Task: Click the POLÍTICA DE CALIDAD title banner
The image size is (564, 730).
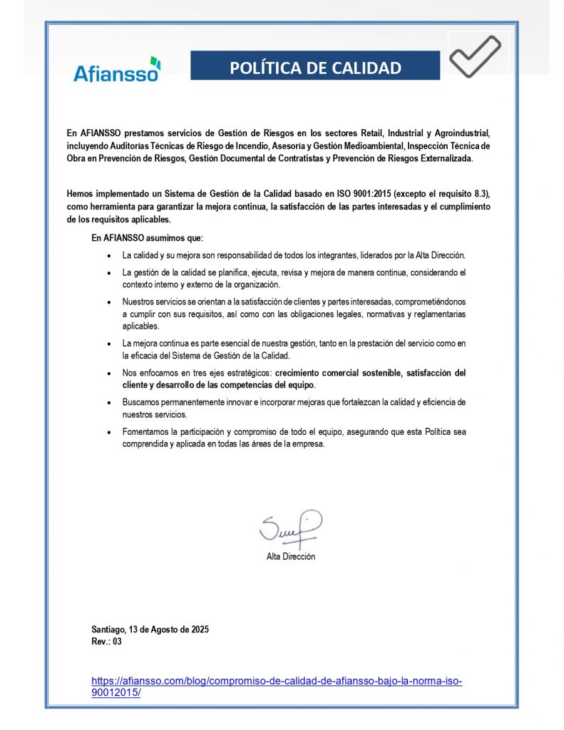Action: coord(315,68)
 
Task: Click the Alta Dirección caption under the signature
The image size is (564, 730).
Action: coord(291,557)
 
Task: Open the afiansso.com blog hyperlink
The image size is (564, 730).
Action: coord(277,686)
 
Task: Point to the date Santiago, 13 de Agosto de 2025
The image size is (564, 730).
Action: coord(150,629)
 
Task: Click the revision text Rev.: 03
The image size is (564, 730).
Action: coord(107,642)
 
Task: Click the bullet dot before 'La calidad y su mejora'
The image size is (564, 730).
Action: coord(108,255)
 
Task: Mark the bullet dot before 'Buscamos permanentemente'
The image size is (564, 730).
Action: coord(108,403)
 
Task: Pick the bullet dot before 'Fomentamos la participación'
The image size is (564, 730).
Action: coord(108,433)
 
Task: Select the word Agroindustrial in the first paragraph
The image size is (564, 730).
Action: coord(460,133)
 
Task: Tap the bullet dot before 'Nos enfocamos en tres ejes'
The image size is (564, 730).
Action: coord(108,374)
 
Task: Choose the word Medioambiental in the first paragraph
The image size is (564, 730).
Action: coord(364,145)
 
